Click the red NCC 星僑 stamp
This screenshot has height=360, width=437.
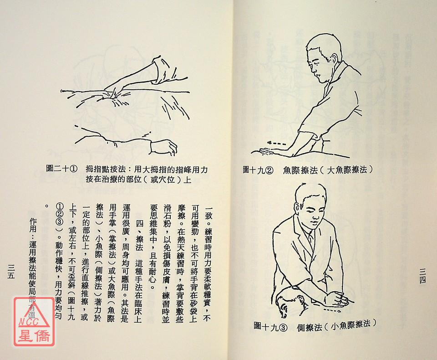[34, 321]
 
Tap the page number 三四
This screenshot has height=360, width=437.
[423, 276]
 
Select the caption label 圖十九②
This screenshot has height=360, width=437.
[258, 170]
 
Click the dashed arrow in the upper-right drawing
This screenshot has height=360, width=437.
[276, 144]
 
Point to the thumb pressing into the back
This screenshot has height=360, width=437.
[114, 94]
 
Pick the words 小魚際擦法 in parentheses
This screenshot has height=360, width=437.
[351, 325]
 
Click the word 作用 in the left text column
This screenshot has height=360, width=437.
[33, 225]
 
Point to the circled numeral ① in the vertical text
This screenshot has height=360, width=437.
[60, 206]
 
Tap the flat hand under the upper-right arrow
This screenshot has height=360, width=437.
[267, 152]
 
